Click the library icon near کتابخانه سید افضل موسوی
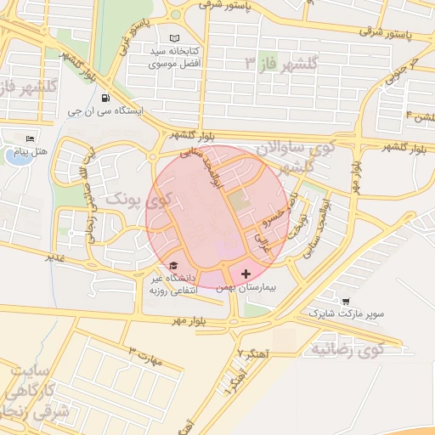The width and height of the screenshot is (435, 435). click(175, 39)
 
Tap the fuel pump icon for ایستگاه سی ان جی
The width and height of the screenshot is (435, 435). click(105, 98)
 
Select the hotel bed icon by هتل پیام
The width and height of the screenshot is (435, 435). click(31, 138)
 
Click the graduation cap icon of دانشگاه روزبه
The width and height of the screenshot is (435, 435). click(174, 265)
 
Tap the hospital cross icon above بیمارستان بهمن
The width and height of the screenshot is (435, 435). click(246, 274)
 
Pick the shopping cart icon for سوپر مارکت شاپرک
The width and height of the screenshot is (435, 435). click(346, 302)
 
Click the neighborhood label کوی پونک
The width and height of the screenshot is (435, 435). click(137, 200)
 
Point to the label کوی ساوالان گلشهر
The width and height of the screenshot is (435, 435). click(302, 157)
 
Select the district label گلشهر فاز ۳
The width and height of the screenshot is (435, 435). click(280, 63)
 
